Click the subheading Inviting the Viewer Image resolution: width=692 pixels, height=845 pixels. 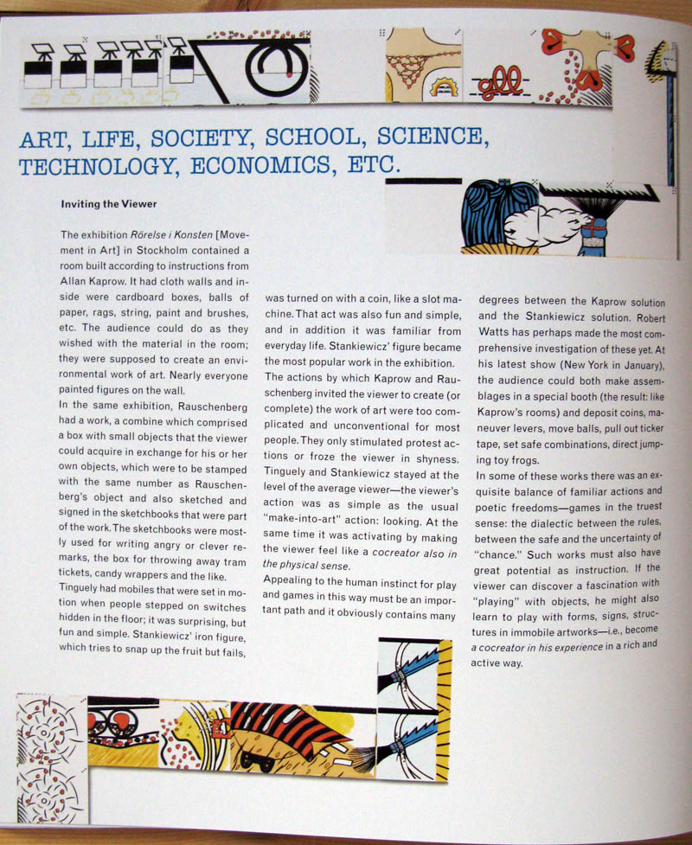pyautogui.click(x=109, y=205)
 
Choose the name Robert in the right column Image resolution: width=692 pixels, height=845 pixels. pyautogui.click(x=644, y=318)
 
